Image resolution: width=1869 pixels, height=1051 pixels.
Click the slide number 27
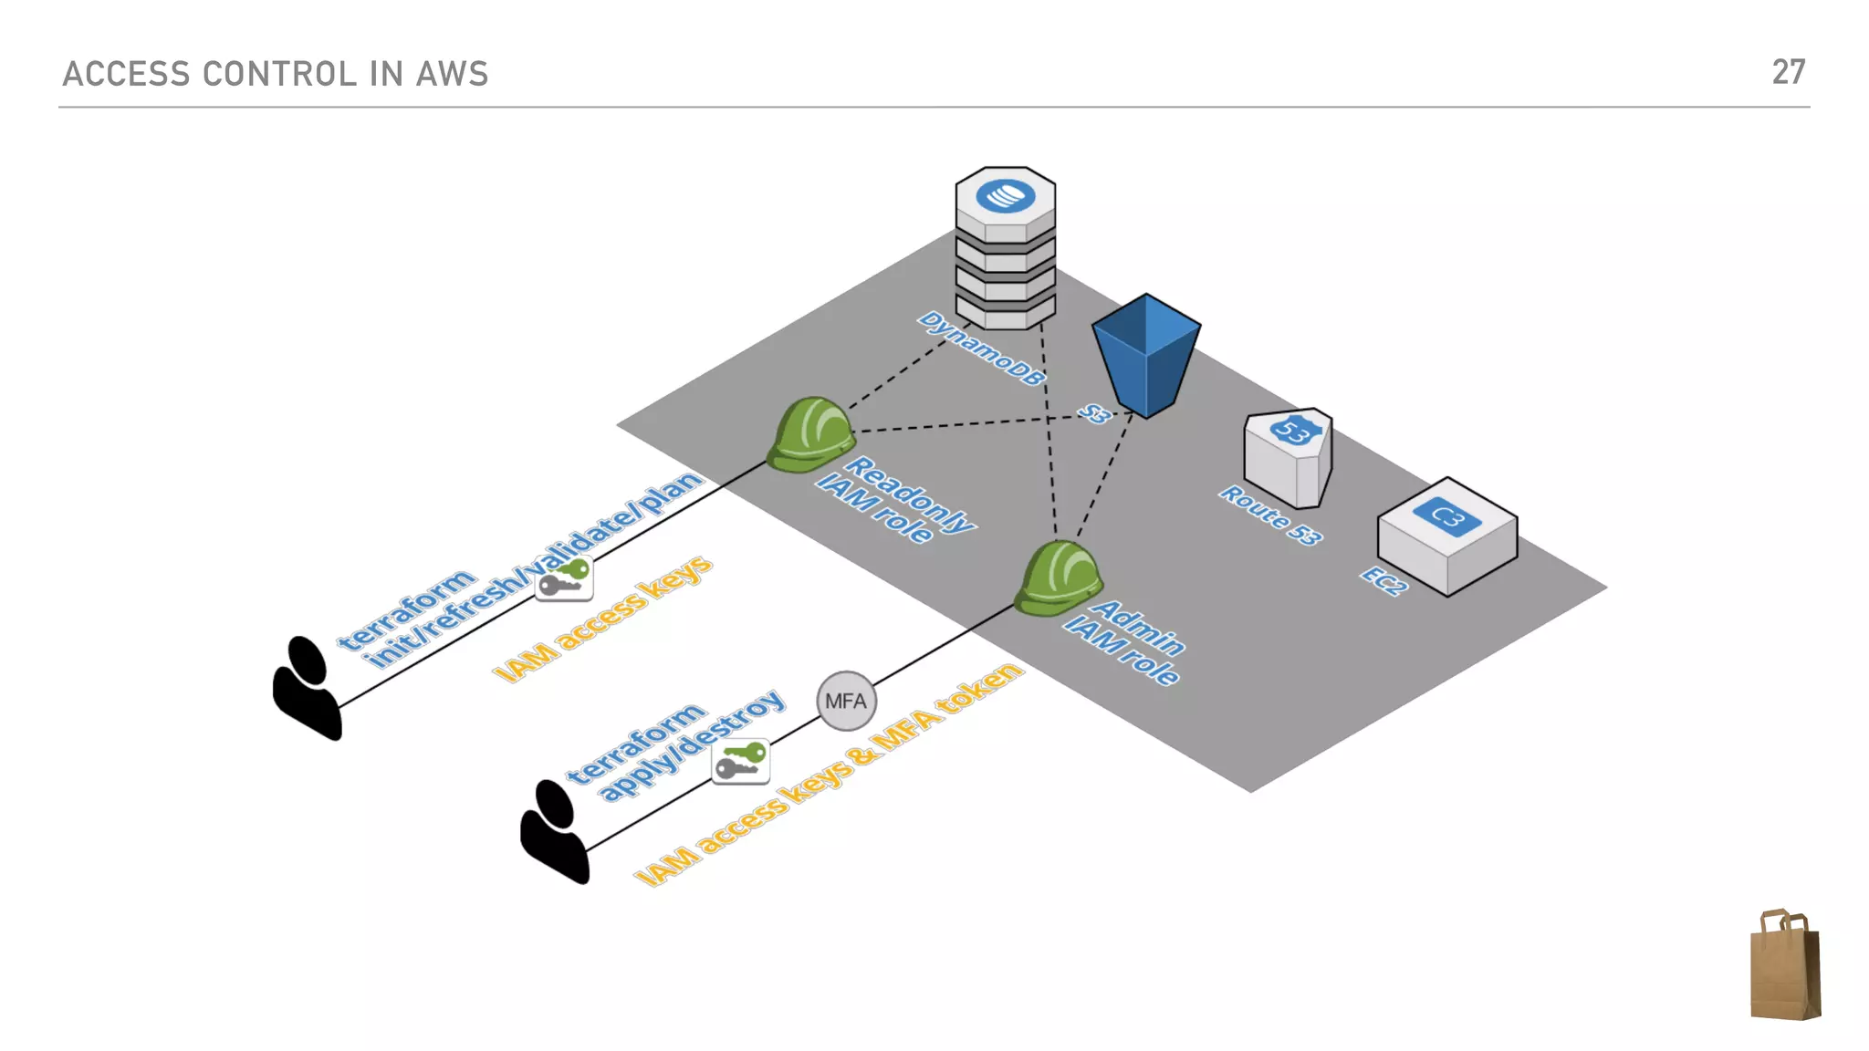coord(1788,72)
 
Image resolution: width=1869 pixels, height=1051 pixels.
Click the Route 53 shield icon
coord(1288,457)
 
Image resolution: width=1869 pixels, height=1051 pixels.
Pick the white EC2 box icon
coord(1447,536)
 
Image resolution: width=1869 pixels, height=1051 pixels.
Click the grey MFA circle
coord(846,701)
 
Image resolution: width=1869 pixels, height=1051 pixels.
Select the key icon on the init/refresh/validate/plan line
coord(564,578)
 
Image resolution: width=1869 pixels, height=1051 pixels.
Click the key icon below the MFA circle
coord(740,762)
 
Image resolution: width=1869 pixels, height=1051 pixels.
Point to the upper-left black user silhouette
coord(307,687)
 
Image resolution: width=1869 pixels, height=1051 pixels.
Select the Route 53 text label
coord(1271,515)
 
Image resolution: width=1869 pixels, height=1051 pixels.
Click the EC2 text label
coord(1383,580)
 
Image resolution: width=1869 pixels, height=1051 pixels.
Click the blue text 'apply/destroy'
coord(692,746)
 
